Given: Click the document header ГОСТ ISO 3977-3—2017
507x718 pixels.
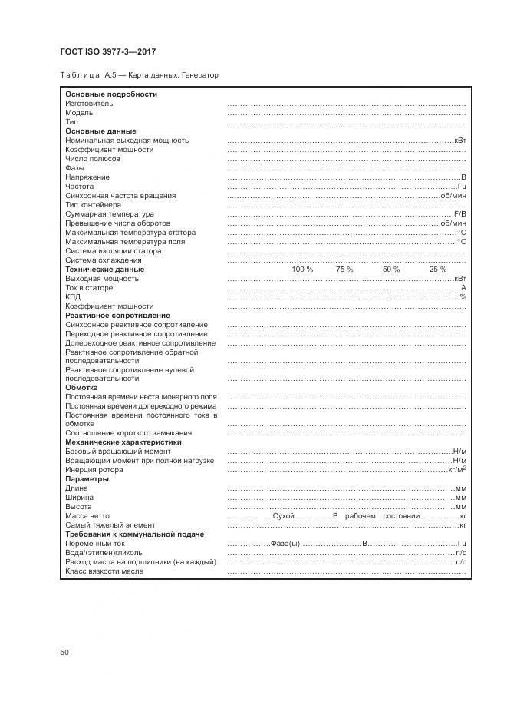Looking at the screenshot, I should [107, 51].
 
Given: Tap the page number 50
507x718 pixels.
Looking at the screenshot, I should [64, 652].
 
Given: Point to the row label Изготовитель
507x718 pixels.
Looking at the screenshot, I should [89, 104].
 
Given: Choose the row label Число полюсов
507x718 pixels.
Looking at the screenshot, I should [93, 159].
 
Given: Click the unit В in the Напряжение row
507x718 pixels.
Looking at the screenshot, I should [463, 177].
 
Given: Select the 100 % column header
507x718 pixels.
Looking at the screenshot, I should [302, 270].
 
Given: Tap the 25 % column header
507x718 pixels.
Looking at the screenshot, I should [437, 270].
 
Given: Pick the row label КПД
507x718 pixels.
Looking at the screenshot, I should [73, 297].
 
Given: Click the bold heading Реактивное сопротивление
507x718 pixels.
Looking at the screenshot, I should [117, 316].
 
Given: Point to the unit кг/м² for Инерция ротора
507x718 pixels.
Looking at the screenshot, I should [457, 469].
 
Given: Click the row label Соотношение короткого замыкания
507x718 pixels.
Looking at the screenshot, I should [128, 433].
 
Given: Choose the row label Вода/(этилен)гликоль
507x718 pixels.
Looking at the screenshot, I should [104, 553].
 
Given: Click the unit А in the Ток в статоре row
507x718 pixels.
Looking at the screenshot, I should [463, 288].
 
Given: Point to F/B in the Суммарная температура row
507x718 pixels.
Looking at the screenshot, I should [459, 214].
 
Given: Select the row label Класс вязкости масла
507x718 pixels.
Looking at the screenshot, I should [104, 571].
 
